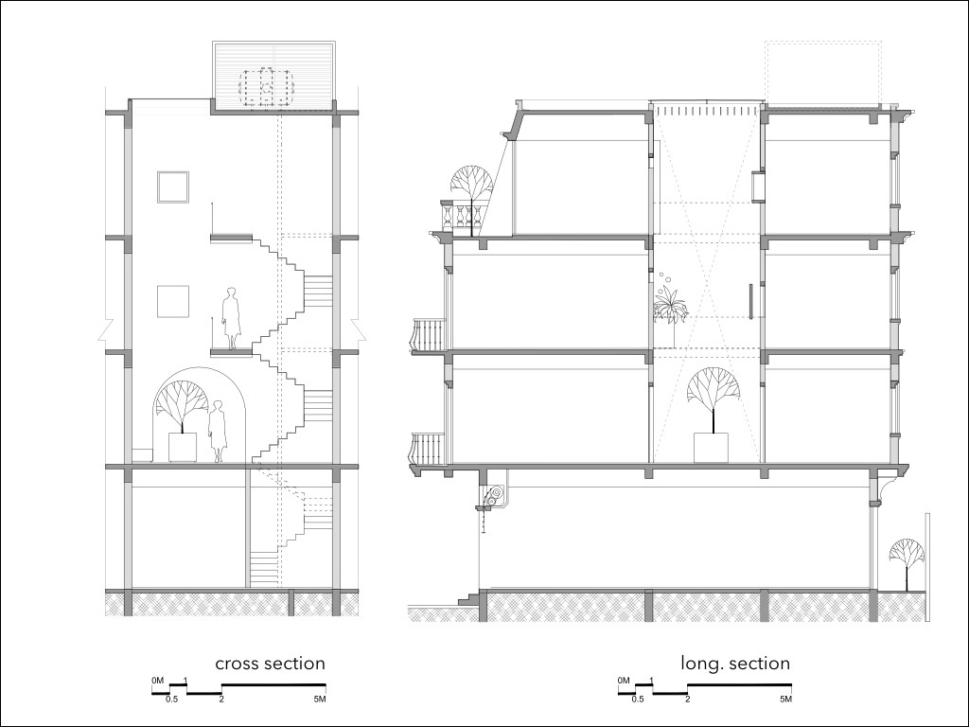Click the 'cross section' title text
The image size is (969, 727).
pyautogui.click(x=270, y=664)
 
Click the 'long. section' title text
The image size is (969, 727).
pyautogui.click(x=735, y=664)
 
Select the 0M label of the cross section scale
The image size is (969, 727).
pyautogui.click(x=157, y=681)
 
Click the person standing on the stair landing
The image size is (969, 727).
pyautogui.click(x=231, y=319)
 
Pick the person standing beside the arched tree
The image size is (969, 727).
pyautogui.click(x=218, y=431)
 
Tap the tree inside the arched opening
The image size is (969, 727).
pyautogui.click(x=183, y=401)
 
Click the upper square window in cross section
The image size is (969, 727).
pyautogui.click(x=172, y=187)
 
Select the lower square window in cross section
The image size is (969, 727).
pyautogui.click(x=172, y=301)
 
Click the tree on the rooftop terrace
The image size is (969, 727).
pyautogui.click(x=469, y=184)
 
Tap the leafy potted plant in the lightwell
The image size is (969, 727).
pyautogui.click(x=671, y=308)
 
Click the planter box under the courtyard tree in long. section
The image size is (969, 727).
pyautogui.click(x=710, y=447)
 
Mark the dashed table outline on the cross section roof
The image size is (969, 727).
pyautogui.click(x=266, y=85)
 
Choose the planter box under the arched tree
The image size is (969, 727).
pyautogui.click(x=183, y=447)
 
